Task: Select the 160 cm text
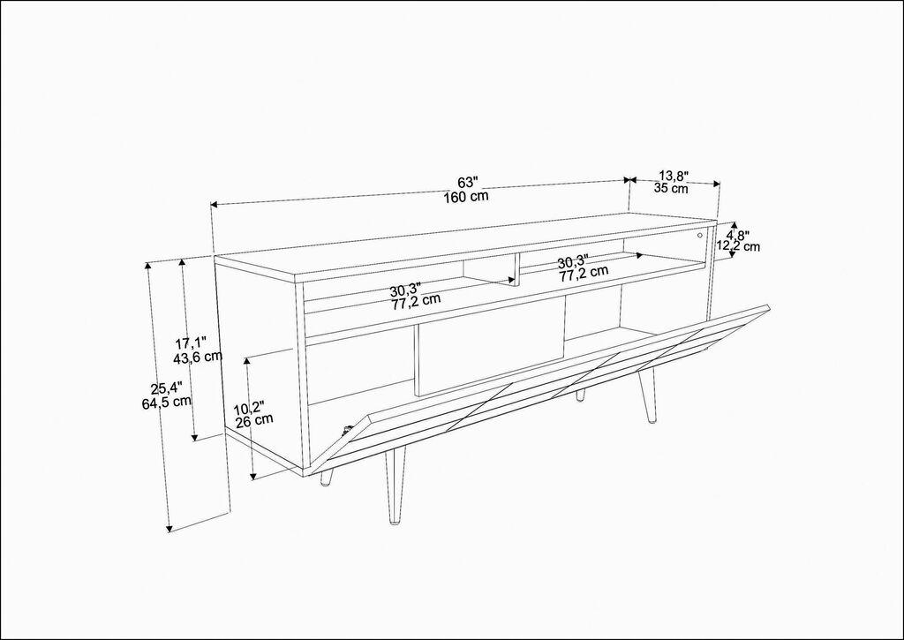[467, 196]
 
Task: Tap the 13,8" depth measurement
[673, 176]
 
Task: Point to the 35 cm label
[672, 188]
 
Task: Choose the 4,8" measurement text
[737, 236]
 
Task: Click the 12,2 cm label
[738, 246]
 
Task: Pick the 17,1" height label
[191, 343]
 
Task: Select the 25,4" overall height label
[166, 388]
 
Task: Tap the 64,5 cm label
[167, 403]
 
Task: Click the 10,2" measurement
[248, 408]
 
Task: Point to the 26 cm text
[253, 421]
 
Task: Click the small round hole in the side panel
[699, 235]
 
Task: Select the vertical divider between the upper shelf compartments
[514, 268]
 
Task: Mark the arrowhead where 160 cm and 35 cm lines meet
[629, 180]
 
